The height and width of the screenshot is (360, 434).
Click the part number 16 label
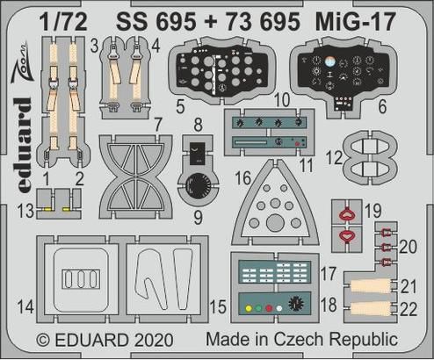242,179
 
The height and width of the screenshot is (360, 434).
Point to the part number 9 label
198,211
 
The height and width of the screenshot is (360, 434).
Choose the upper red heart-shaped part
348,212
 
